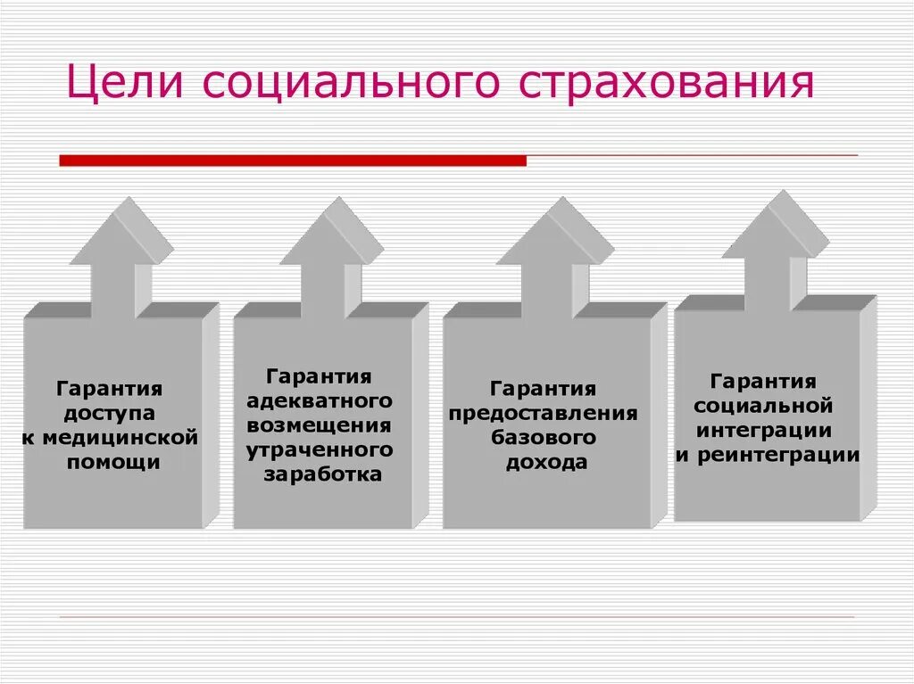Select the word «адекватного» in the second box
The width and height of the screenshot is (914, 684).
click(319, 401)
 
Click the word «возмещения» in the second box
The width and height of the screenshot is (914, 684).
click(319, 425)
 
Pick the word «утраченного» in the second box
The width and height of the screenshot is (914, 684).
click(319, 449)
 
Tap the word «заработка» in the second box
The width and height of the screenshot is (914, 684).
click(322, 474)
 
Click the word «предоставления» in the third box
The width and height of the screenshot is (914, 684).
click(543, 413)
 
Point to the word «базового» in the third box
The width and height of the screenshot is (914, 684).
click(543, 437)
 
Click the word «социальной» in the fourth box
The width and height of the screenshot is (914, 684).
click(763, 407)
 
